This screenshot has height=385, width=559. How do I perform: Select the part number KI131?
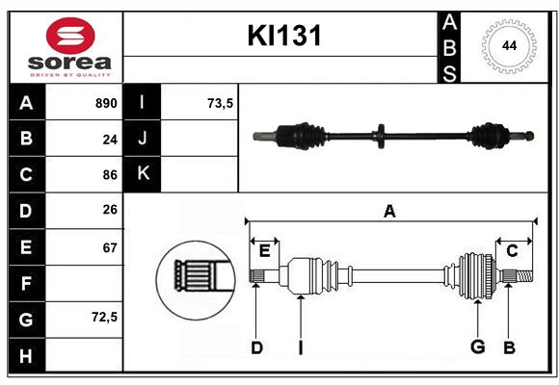(284, 37)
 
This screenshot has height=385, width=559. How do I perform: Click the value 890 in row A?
(105, 103)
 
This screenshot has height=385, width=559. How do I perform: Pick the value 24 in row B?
(109, 139)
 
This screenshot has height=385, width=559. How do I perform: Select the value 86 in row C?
(109, 175)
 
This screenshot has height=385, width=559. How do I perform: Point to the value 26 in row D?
(109, 211)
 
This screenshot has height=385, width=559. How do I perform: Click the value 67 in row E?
(109, 247)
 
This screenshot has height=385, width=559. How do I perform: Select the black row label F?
(26, 284)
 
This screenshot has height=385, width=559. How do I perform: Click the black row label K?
(143, 174)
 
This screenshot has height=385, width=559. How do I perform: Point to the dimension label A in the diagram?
(389, 211)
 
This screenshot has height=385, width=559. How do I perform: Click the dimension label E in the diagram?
(264, 251)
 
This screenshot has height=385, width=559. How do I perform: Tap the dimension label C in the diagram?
(512, 251)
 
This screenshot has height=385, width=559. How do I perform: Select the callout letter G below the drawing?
(476, 347)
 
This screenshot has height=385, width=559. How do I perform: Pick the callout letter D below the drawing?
(256, 347)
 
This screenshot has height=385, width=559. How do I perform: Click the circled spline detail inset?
(196, 276)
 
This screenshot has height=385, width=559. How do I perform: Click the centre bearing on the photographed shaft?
(383, 137)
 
